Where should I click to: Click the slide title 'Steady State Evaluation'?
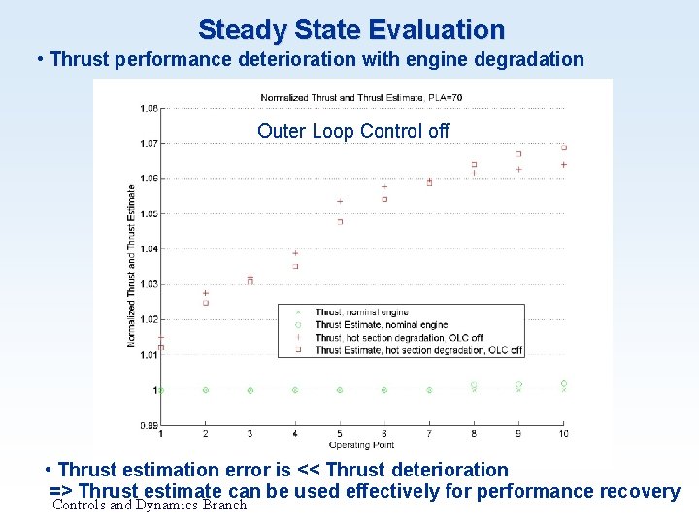click(350, 29)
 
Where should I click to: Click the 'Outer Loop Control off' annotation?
click(353, 131)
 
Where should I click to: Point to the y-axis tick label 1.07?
click(147, 143)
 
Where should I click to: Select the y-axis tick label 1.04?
click(147, 249)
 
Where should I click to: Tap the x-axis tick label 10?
click(563, 433)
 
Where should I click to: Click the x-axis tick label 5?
click(340, 433)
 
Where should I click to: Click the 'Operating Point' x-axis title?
click(362, 444)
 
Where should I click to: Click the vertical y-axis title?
click(131, 267)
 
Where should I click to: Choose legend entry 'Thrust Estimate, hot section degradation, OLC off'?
click(418, 350)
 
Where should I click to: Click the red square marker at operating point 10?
click(563, 147)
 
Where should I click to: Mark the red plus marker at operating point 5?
click(340, 202)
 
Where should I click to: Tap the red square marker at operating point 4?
click(295, 266)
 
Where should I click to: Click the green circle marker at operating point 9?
click(518, 384)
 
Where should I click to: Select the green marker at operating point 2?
click(206, 390)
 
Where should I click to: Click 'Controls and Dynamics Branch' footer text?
click(150, 505)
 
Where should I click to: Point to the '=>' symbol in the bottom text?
click(60, 491)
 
